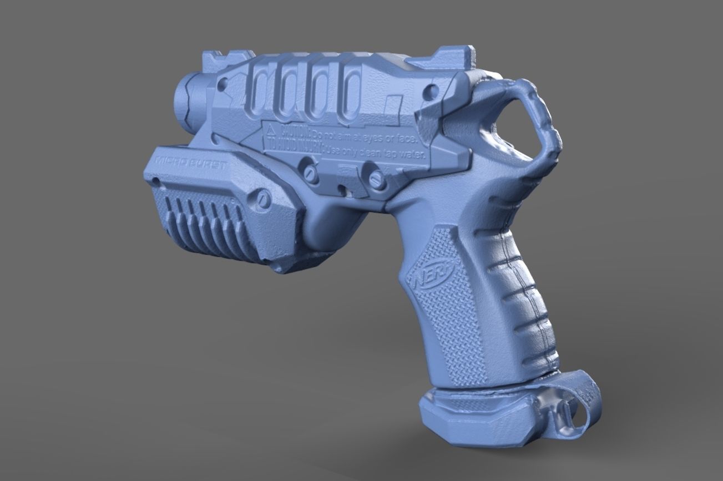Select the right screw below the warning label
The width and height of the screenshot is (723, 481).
click(x=376, y=179)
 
